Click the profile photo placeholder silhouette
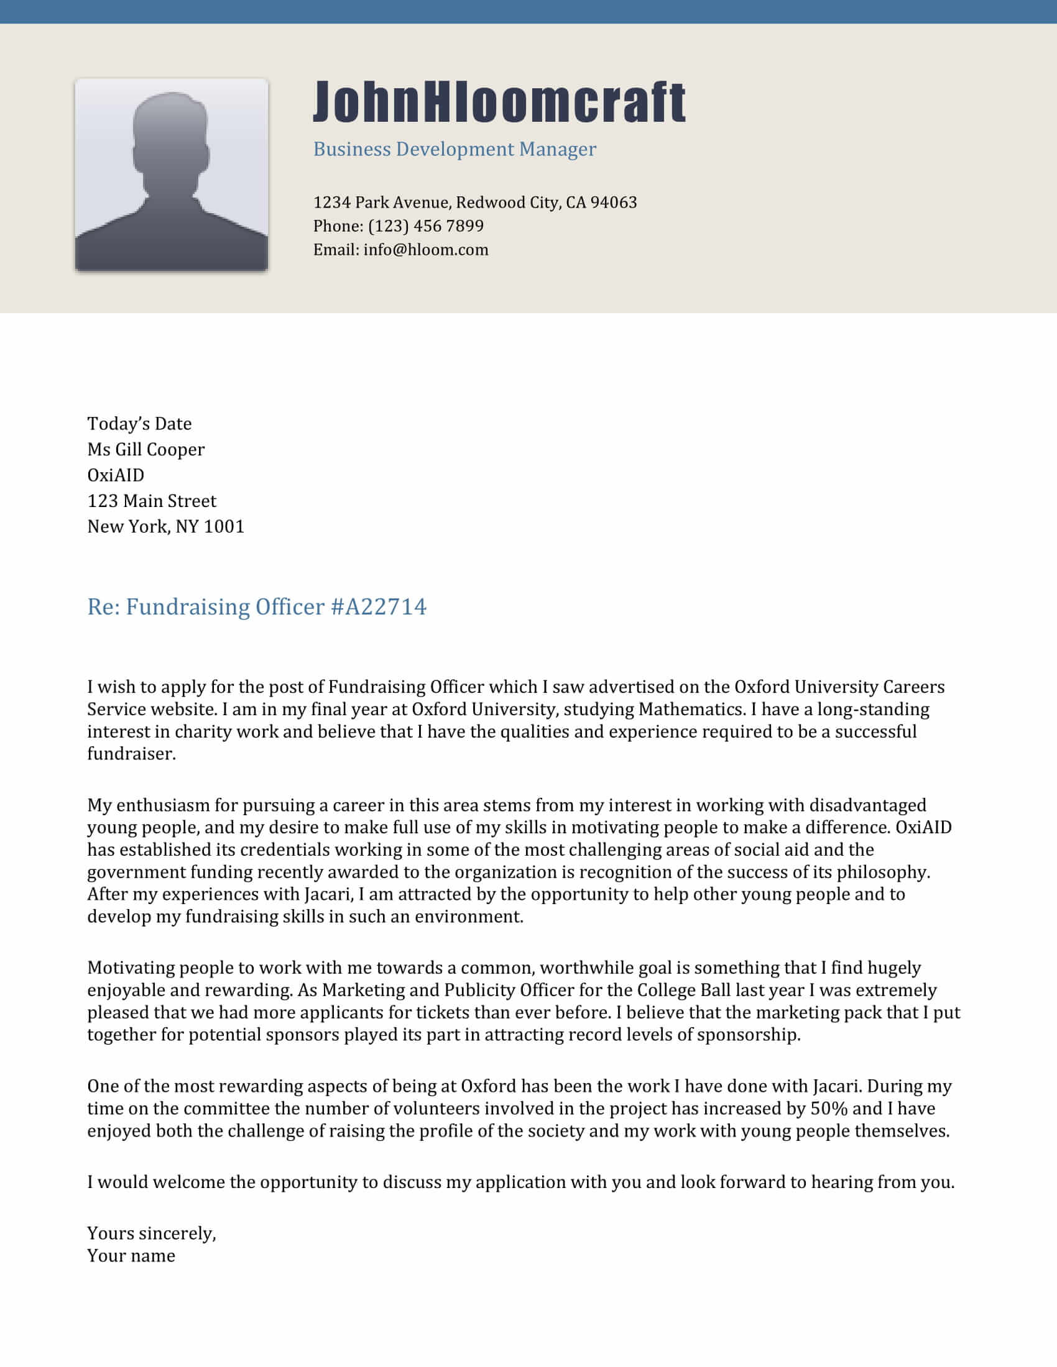(x=171, y=175)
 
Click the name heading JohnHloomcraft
(x=499, y=101)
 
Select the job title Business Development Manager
(x=454, y=149)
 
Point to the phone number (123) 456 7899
(x=426, y=226)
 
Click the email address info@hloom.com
(x=426, y=250)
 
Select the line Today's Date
(x=139, y=424)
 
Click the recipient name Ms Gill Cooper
(x=145, y=449)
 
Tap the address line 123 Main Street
(x=152, y=501)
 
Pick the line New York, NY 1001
(x=165, y=526)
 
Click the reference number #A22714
(x=378, y=606)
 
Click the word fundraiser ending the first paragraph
(x=131, y=754)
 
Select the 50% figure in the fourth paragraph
(x=828, y=1109)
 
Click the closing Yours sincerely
(x=151, y=1233)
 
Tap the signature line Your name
(x=131, y=1256)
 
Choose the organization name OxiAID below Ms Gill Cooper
(x=115, y=475)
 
